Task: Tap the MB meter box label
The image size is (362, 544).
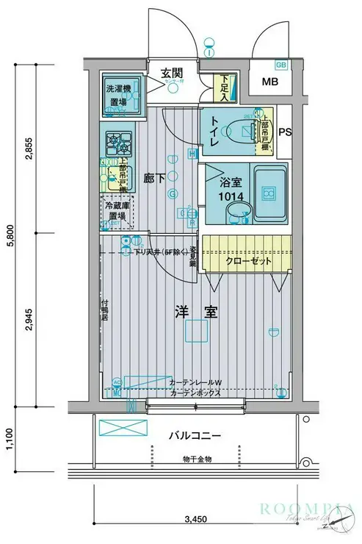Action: [272, 81]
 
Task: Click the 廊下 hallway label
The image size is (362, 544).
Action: [155, 177]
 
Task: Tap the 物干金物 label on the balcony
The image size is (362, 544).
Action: [198, 459]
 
